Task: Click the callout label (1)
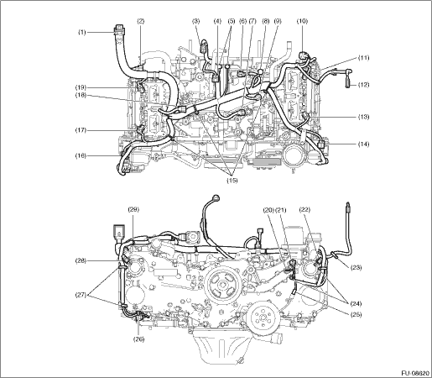(x=81, y=33)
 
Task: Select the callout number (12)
(x=363, y=85)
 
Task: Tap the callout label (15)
(x=232, y=181)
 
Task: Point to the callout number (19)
(x=81, y=87)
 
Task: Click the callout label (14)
(x=363, y=144)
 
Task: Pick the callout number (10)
(x=302, y=21)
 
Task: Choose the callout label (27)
(x=81, y=294)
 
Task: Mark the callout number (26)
(x=139, y=339)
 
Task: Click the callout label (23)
(x=357, y=268)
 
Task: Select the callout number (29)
(x=133, y=209)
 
